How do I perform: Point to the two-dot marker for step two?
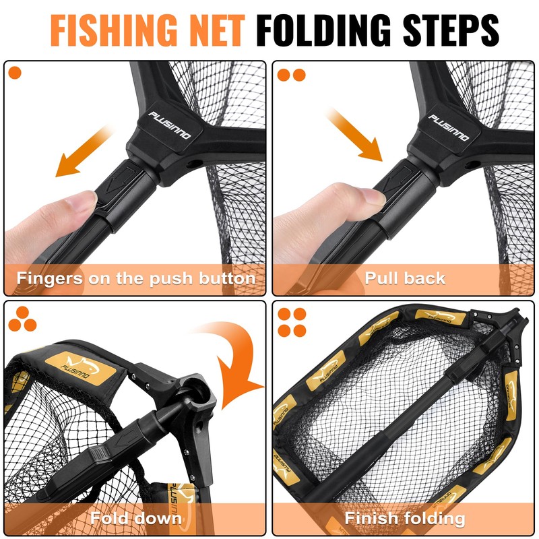click(292, 74)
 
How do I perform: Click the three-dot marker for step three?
click(22, 319)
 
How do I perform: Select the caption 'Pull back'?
click(405, 278)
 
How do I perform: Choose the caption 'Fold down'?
click(136, 518)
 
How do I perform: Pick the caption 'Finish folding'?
click(405, 518)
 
